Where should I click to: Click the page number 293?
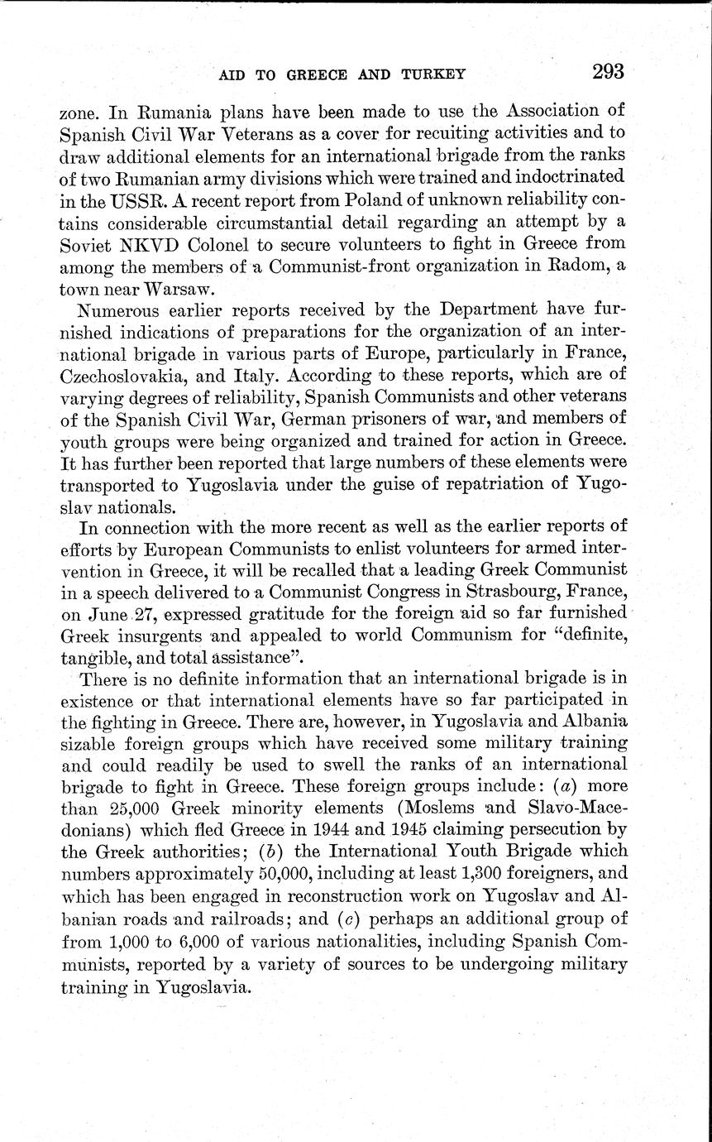[608, 71]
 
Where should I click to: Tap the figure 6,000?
[200, 938]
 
